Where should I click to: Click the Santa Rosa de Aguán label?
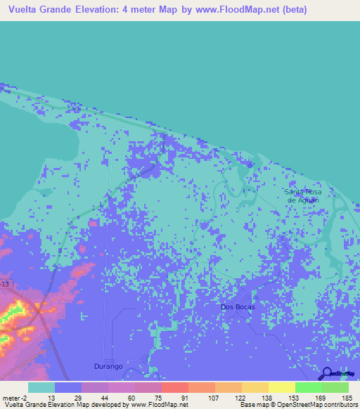click(303, 195)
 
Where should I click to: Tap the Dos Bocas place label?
click(238, 307)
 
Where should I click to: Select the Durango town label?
click(109, 366)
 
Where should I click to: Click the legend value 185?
click(346, 398)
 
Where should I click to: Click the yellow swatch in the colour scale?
click(281, 387)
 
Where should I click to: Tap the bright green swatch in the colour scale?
click(308, 387)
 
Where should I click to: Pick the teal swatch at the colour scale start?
click(41, 387)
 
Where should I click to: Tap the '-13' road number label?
click(6, 283)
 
